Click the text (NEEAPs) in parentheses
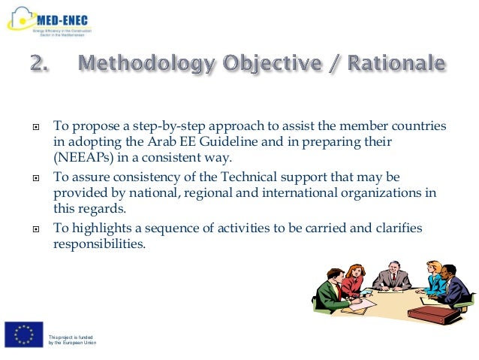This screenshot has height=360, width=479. pyautogui.click(x=82, y=158)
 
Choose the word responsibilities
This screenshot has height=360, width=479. pyautogui.click(x=98, y=244)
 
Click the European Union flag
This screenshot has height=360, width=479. pyautogui.click(x=23, y=334)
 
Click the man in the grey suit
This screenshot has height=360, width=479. pyautogui.click(x=390, y=277)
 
